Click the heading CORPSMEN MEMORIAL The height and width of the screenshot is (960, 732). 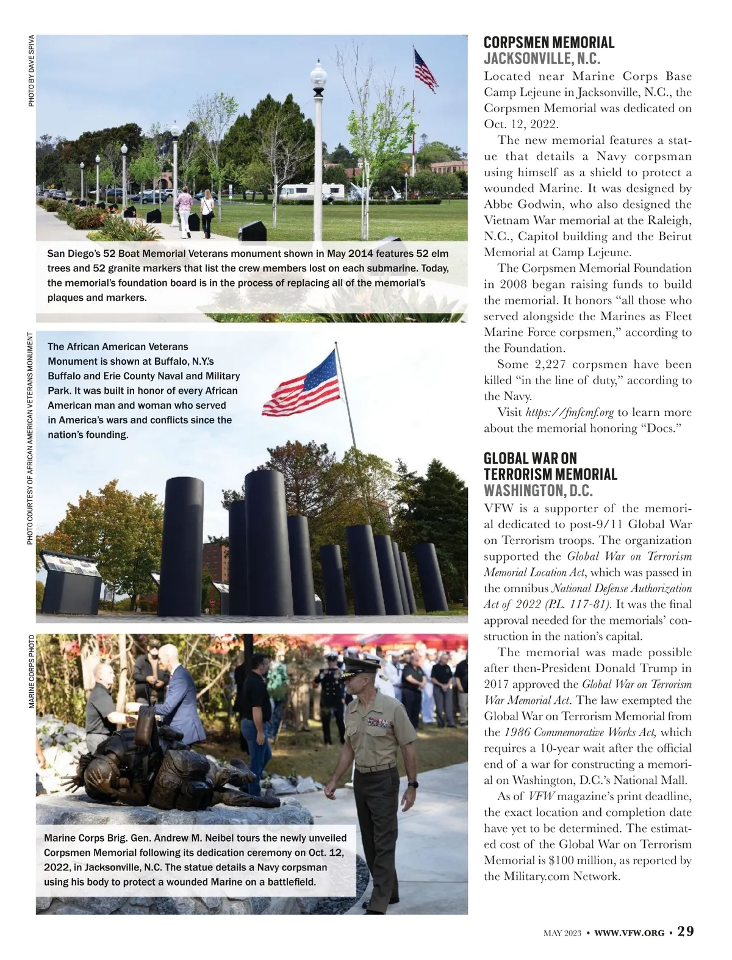pos(549,43)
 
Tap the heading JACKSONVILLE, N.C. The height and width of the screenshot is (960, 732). pos(542,59)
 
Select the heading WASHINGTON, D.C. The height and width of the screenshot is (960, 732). pos(538,490)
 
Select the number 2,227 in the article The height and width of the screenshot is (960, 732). pos(550,365)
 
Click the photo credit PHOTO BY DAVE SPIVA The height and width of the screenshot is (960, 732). pos(31,71)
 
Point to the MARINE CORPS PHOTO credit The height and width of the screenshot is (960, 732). pos(31,672)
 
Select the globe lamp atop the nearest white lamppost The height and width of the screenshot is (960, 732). pos(318,77)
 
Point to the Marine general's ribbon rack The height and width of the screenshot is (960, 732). pos(376,723)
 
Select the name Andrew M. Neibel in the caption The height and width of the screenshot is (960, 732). pos(212,838)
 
